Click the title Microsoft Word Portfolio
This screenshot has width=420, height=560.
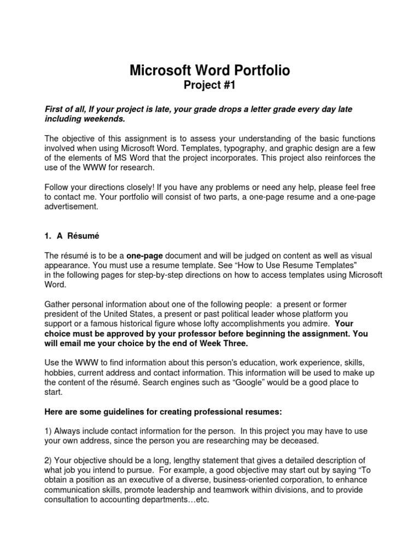209,70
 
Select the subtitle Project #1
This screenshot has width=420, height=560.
209,85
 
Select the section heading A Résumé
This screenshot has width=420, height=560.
74,236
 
